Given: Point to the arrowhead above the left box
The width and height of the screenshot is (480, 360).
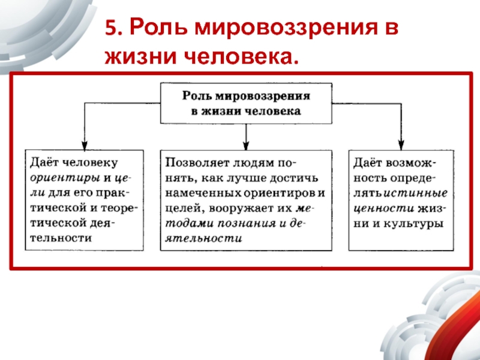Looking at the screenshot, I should [85, 145].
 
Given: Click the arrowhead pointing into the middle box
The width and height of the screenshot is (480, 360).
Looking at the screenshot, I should [245, 145].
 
